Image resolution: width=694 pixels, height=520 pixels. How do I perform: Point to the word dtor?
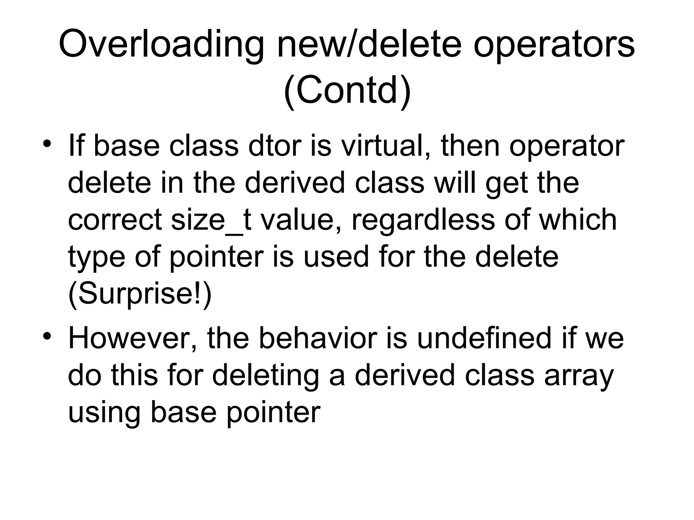click(275, 146)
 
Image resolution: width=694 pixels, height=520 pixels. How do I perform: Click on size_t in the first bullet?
click(211, 220)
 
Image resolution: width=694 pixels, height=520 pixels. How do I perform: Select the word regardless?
click(423, 220)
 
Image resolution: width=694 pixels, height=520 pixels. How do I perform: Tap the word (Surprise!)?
click(140, 293)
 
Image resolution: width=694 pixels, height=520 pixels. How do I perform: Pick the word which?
click(577, 220)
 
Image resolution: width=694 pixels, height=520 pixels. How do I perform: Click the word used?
click(335, 257)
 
